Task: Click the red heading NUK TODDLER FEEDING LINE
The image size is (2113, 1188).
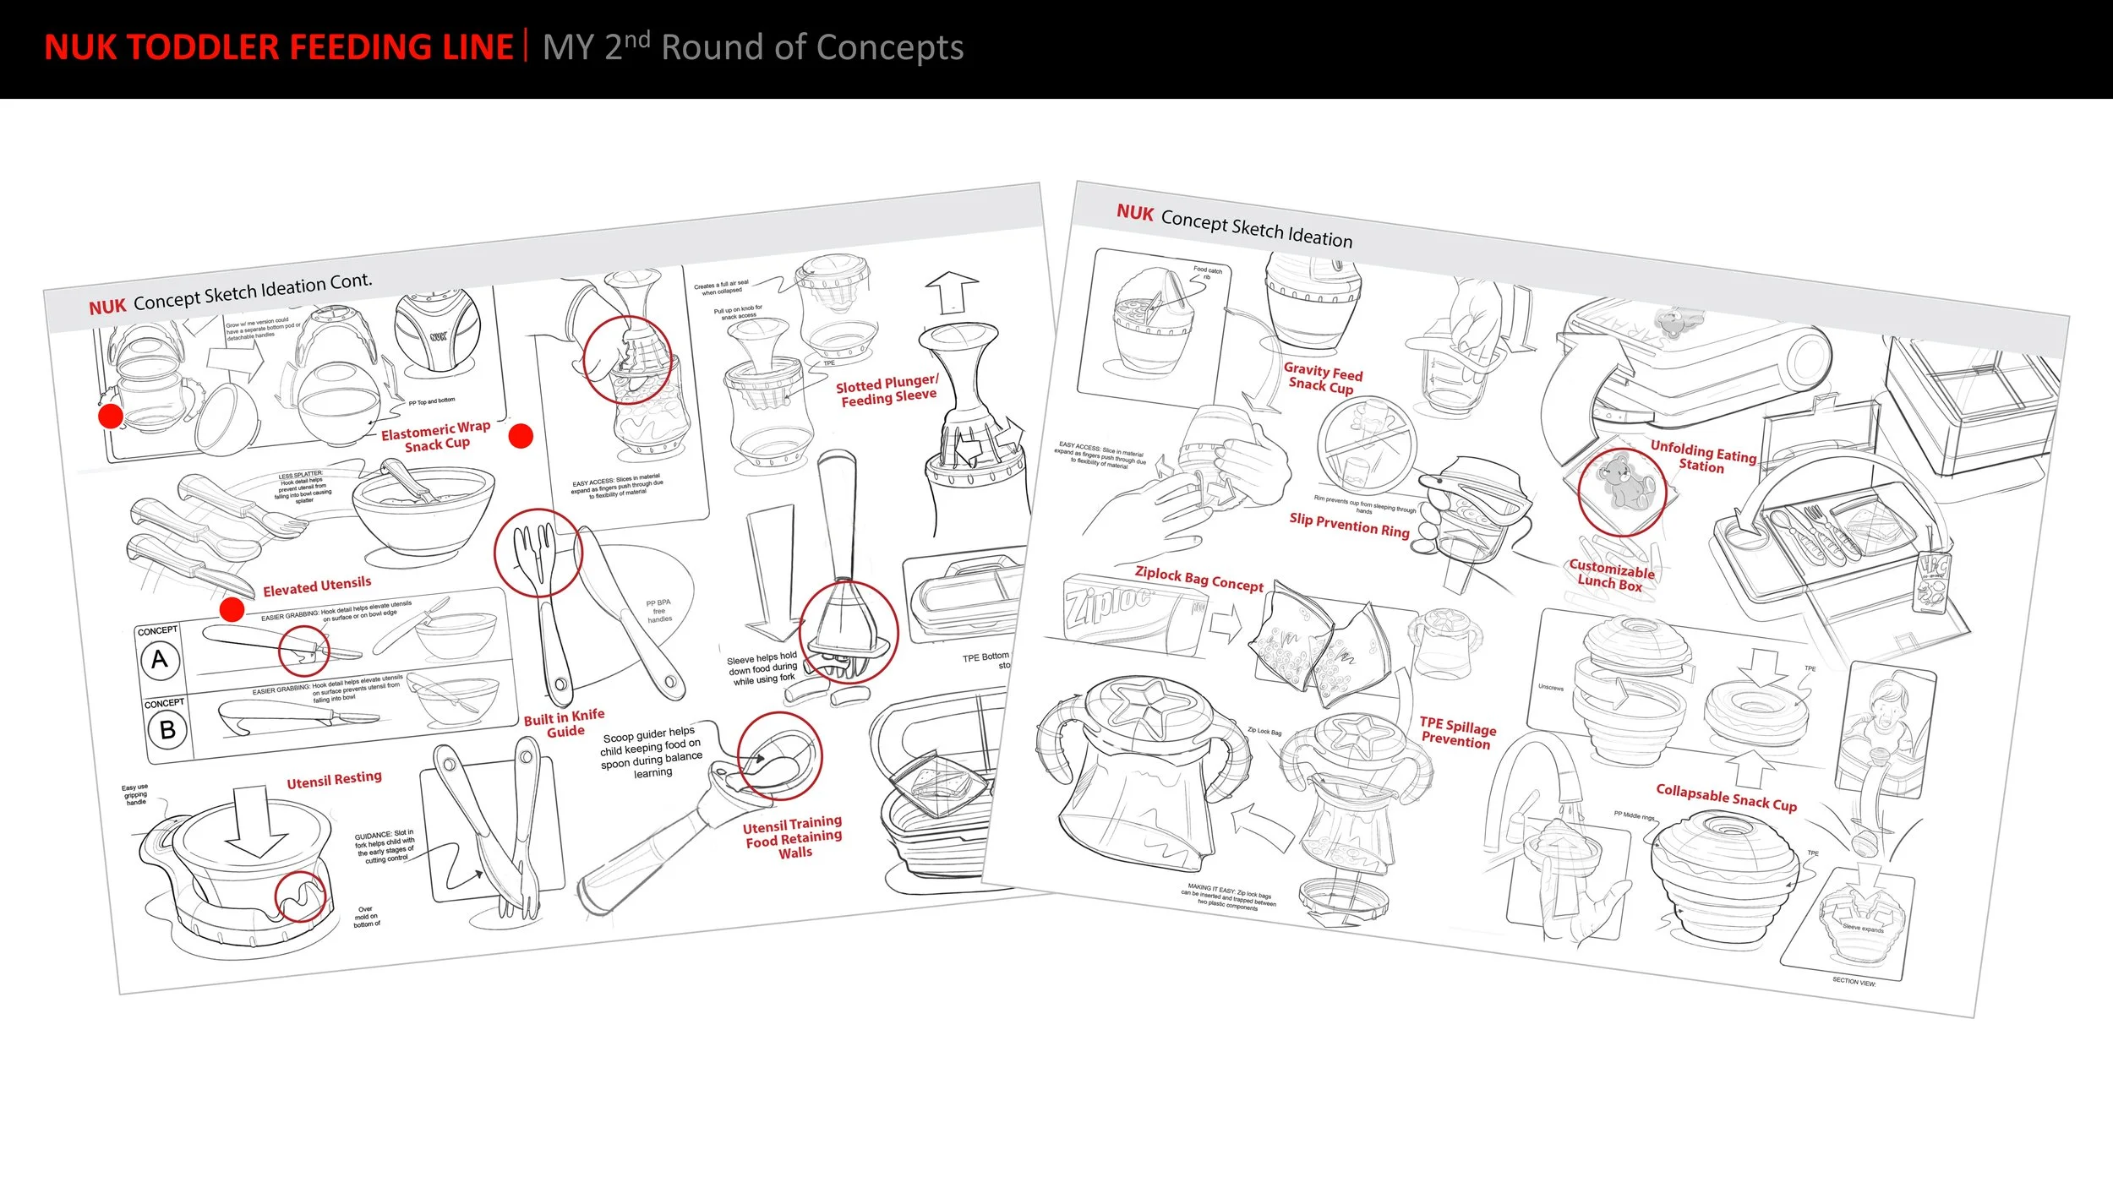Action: coord(278,47)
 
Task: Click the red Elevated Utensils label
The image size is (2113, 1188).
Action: coord(317,586)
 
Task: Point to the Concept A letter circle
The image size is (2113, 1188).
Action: coord(160,660)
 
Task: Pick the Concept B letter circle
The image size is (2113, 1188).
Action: coord(167,729)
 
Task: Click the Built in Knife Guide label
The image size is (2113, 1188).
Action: coord(565,723)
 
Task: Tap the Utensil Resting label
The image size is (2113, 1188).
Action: coord(334,780)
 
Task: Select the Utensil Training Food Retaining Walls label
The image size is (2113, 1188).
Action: coord(793,837)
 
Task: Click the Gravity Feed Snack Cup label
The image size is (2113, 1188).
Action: coord(1323,378)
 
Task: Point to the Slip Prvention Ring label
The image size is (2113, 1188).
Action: coord(1349,524)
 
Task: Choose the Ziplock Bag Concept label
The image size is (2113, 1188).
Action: coord(1198,579)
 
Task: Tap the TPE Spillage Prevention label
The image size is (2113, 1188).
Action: coord(1457,733)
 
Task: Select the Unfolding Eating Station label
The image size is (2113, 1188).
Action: coord(1702,456)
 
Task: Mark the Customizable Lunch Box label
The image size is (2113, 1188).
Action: coord(1611,575)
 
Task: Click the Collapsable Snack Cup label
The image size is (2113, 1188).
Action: coord(1726,797)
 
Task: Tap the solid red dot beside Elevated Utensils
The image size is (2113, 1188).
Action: coord(232,609)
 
